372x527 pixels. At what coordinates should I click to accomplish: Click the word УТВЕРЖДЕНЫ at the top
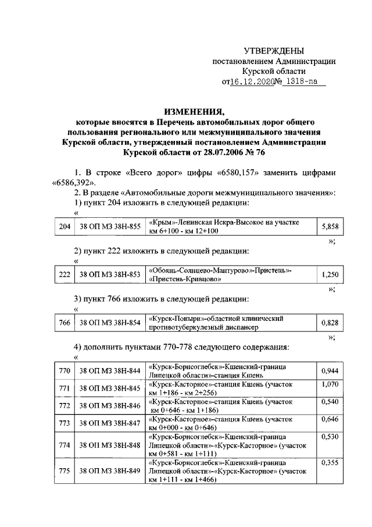click(x=274, y=52)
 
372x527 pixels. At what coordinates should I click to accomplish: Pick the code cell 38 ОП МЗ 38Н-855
click(x=110, y=227)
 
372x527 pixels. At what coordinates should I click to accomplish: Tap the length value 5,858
click(x=330, y=227)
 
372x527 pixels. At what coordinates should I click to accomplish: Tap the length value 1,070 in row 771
click(x=330, y=385)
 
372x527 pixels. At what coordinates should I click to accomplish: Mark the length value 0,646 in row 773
click(x=330, y=419)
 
